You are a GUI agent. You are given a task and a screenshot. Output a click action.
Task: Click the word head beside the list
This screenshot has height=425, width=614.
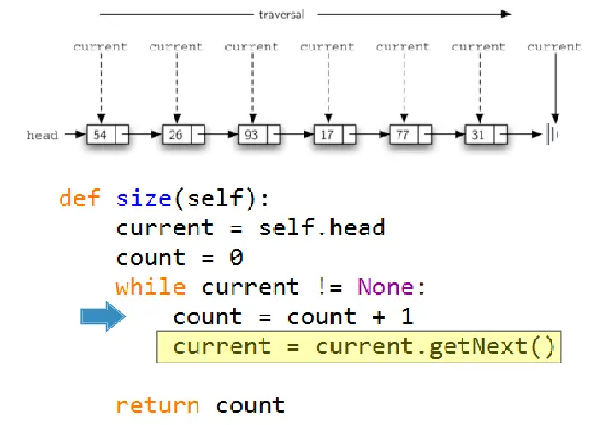point(41,135)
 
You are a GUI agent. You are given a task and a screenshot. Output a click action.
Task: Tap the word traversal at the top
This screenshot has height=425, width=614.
point(283,14)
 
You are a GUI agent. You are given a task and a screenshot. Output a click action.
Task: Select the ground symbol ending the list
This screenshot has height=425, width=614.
point(555,135)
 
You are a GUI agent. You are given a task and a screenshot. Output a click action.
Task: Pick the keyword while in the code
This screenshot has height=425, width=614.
point(151,287)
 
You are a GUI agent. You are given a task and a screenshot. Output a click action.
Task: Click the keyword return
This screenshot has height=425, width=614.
point(158,405)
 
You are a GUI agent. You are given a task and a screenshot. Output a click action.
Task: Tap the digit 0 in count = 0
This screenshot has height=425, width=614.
point(237,258)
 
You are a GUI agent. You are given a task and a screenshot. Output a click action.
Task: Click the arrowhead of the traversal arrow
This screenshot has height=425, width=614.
point(506,14)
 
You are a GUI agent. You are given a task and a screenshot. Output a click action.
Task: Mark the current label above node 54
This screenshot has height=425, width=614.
point(100,47)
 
